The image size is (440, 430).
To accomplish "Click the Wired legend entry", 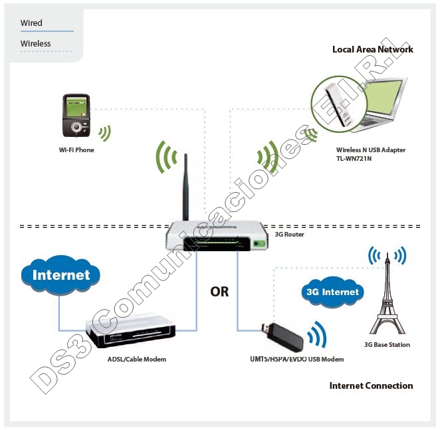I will tap(31, 23).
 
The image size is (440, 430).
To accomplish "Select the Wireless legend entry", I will tap(35, 44).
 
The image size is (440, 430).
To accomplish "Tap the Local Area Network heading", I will tap(372, 50).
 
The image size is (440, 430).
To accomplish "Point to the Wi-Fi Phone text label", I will tap(76, 150).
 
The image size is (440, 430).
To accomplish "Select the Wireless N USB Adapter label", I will tap(370, 150).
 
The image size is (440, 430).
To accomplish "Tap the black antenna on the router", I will tap(187, 186).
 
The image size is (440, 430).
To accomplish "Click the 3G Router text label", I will tap(289, 234).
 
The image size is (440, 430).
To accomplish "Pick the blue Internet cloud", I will tap(60, 274).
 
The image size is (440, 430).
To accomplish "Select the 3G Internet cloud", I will tap(332, 292).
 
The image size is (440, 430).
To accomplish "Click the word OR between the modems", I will tap(219, 292).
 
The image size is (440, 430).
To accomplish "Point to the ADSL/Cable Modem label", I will tap(137, 360).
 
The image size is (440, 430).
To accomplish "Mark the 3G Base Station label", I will tap(387, 345).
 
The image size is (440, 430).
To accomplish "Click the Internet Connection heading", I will tap(371, 386).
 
